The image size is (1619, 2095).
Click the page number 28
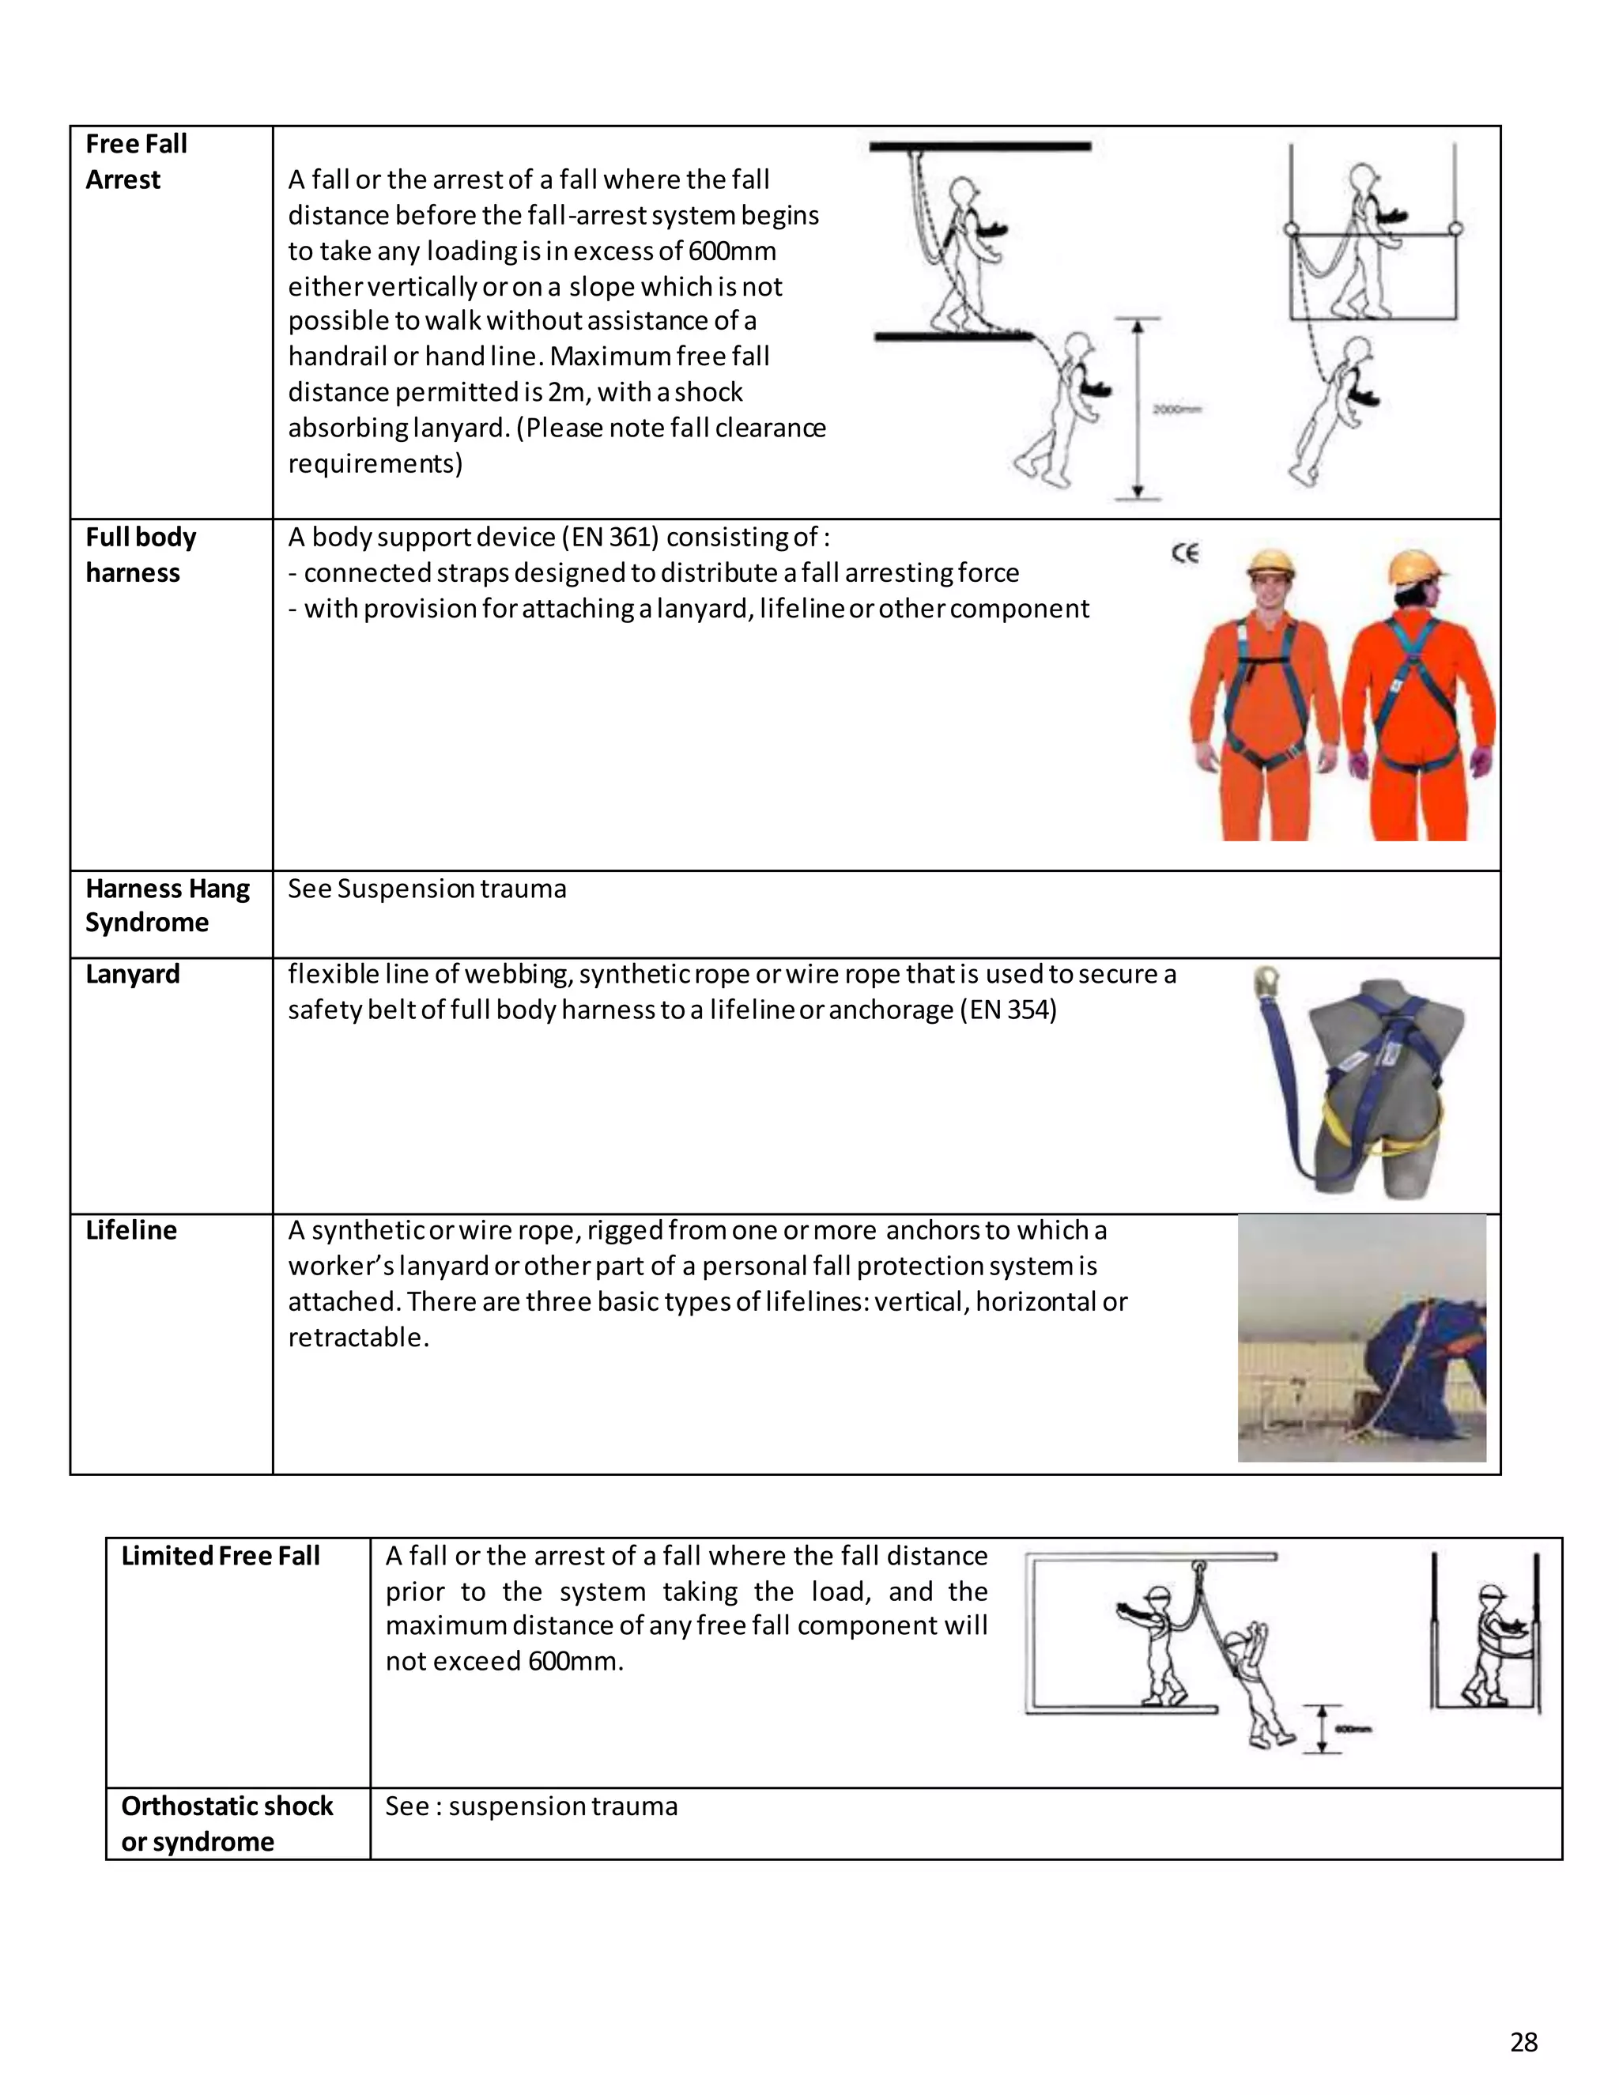click(1523, 2042)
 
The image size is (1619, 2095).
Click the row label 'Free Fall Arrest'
click(135, 161)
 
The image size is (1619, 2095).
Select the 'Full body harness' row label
click(140, 554)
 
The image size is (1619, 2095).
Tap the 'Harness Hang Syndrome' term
click(166, 904)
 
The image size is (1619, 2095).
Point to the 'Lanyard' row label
click(132, 974)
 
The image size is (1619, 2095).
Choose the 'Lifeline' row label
click(131, 1230)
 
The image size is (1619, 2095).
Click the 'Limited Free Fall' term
click(220, 1556)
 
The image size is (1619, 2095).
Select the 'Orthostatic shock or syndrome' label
click(226, 1824)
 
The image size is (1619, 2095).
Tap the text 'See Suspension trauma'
click(427, 889)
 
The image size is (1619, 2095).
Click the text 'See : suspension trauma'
click(531, 1806)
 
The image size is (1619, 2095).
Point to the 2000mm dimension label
click(1177, 410)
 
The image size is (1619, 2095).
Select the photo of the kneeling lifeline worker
click(1361, 1338)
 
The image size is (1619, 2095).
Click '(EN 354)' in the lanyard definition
click(1008, 1010)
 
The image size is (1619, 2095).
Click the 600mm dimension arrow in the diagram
click(1322, 1727)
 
